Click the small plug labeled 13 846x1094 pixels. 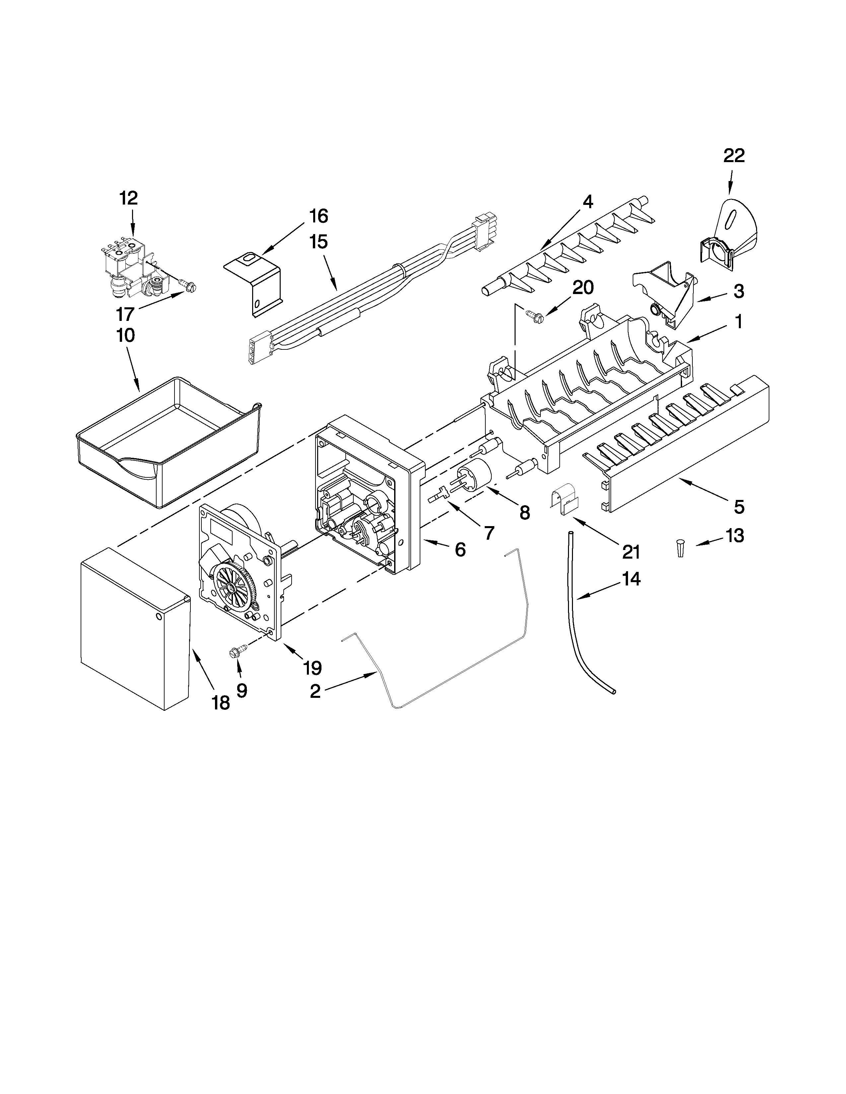(x=680, y=548)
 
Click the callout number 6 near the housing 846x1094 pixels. (x=460, y=550)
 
